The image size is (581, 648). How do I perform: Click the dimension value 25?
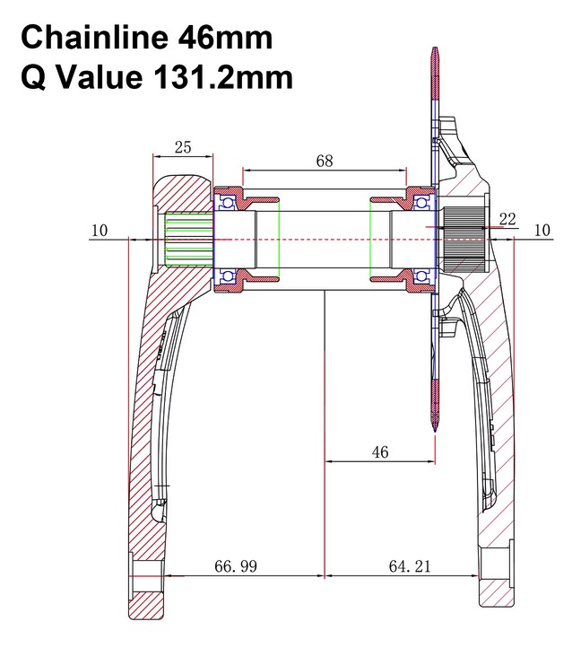click(x=183, y=147)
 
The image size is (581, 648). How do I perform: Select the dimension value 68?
click(x=325, y=161)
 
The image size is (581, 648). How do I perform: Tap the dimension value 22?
click(x=507, y=219)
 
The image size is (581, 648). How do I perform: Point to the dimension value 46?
click(x=380, y=452)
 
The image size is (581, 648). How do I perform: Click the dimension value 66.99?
click(x=236, y=566)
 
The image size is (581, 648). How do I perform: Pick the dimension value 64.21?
click(x=410, y=566)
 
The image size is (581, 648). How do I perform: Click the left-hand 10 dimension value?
click(x=100, y=230)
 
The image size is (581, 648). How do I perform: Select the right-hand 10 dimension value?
click(x=542, y=230)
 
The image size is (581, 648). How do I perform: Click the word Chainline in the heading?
click(x=94, y=38)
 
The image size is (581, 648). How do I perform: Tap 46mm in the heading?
click(x=225, y=38)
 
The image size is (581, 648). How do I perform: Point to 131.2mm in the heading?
click(x=223, y=77)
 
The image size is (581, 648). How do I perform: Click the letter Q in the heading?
click(x=33, y=78)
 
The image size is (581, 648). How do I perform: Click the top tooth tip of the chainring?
click(x=435, y=48)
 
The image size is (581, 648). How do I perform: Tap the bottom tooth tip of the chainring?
click(x=435, y=431)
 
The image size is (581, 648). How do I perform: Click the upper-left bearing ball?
click(x=227, y=203)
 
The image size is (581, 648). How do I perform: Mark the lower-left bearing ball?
click(x=227, y=276)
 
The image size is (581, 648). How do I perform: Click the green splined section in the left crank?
click(x=189, y=239)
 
